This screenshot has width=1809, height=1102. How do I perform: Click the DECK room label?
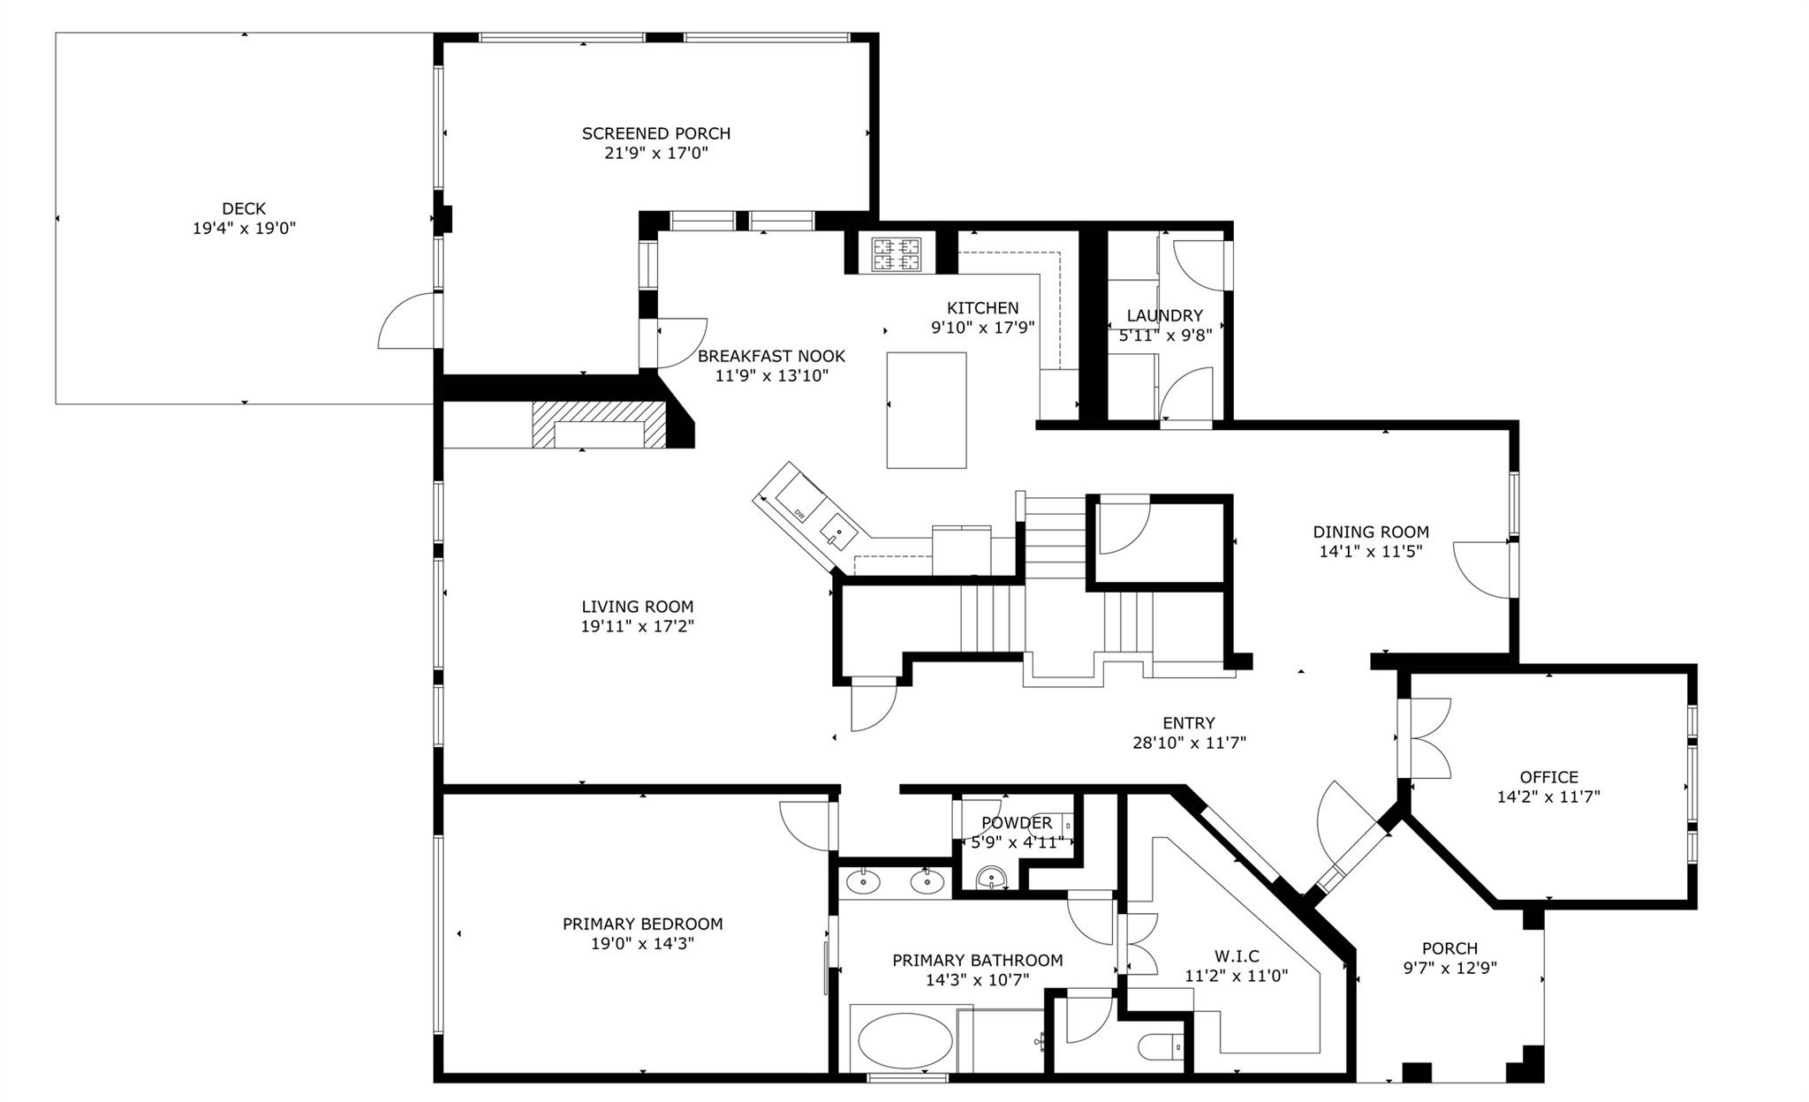[244, 208]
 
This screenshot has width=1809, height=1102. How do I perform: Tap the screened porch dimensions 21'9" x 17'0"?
[656, 153]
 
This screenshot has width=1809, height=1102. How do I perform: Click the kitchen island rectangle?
[927, 410]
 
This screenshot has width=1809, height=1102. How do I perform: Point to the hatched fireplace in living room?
[598, 426]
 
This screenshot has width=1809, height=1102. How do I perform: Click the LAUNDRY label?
[1164, 315]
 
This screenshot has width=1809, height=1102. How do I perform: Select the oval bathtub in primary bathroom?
[905, 1042]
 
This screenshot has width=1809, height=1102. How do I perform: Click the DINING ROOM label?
[1370, 532]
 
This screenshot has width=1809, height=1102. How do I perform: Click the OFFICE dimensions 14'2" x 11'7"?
[1548, 796]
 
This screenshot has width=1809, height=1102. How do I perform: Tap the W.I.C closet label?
[1236, 955]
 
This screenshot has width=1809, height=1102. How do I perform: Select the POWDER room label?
[1016, 823]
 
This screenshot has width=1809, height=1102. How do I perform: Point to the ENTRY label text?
[1188, 722]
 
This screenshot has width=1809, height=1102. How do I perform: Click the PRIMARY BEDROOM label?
[642, 924]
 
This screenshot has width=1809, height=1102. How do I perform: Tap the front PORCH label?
[1449, 948]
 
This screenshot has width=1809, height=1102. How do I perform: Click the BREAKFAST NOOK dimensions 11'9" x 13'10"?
[771, 375]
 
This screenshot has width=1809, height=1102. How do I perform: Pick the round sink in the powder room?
[993, 879]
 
